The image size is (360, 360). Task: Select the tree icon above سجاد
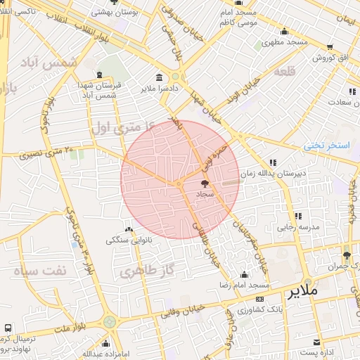coord(205,184)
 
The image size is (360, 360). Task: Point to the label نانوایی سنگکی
coord(128,240)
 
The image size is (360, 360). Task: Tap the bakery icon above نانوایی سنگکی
coord(128,229)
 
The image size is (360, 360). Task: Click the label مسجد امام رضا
coord(244,285)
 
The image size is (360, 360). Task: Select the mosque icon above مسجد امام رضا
coord(244,275)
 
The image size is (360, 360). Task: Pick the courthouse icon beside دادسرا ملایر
coord(159,77)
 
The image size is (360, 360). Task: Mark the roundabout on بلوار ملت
coord(109,322)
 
